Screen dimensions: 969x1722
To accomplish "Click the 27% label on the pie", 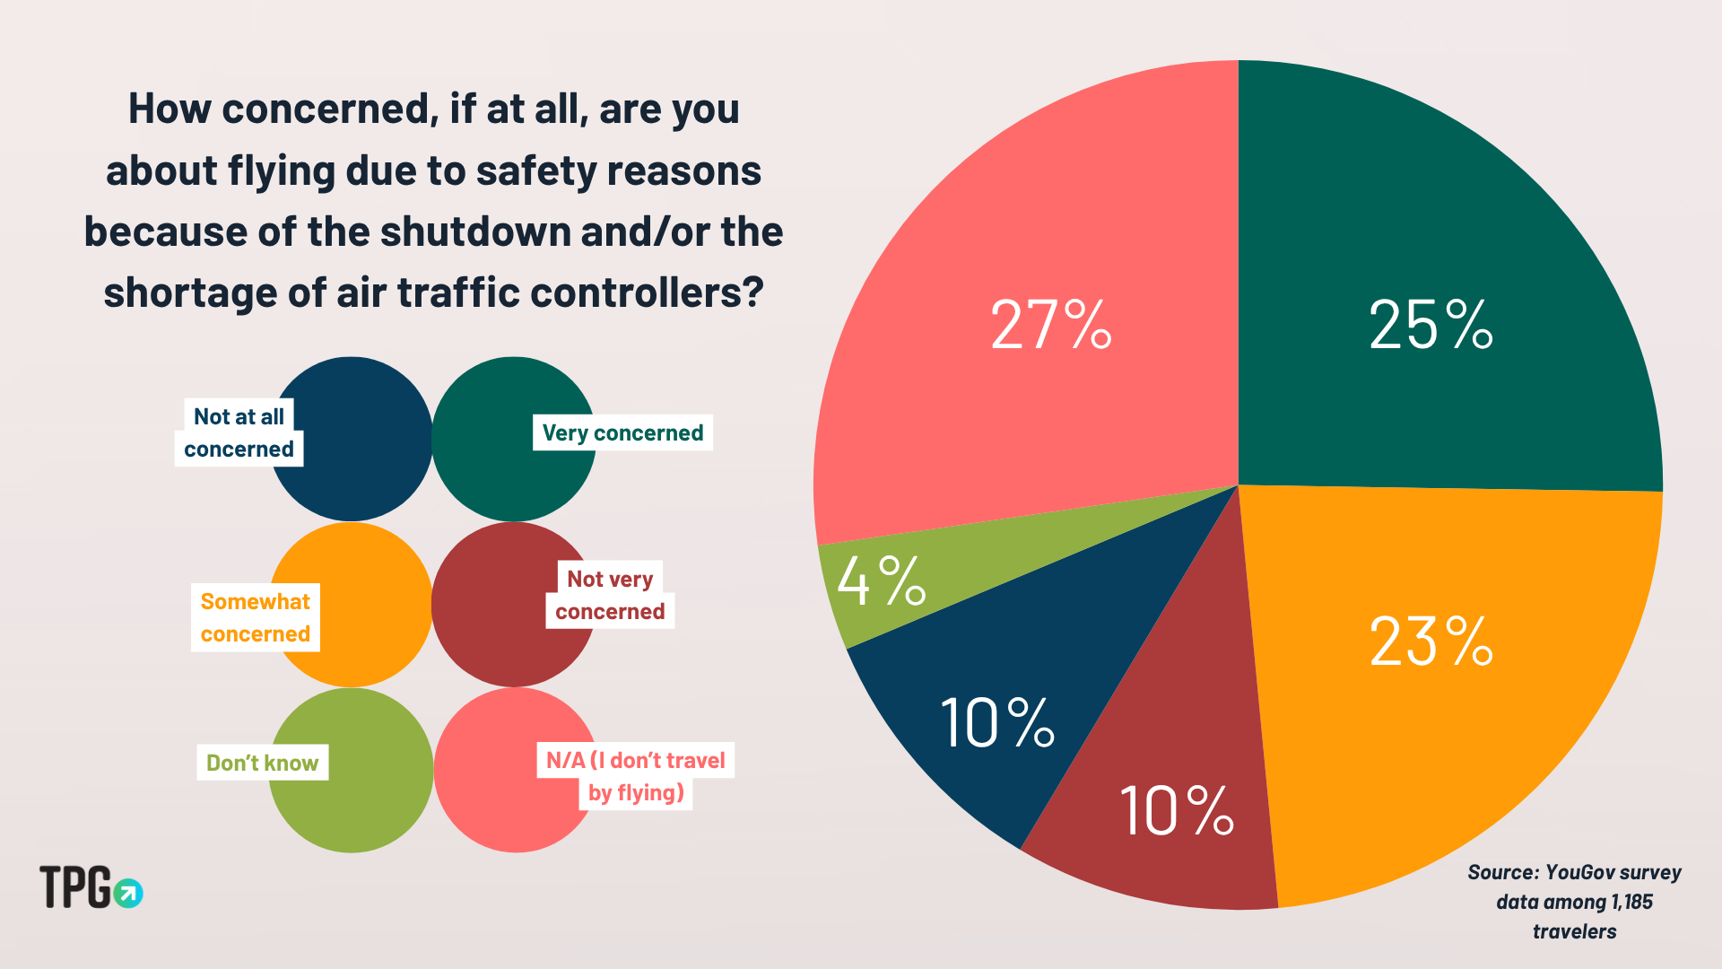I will coord(1050,325).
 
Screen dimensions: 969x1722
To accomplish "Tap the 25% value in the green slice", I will coord(1431,325).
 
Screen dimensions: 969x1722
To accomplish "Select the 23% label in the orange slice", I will coord(1431,642).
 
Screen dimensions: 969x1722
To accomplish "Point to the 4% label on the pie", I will coord(881,581).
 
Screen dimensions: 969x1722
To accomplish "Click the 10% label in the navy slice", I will coord(996,723).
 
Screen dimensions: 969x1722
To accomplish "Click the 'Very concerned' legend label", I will coord(622,433).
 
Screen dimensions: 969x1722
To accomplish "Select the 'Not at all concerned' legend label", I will coord(239,432).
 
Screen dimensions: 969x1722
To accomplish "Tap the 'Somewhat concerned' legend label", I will coord(256,618).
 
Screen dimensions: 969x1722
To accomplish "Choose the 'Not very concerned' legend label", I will coord(610,596).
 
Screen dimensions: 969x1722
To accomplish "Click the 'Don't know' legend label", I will coord(262,763).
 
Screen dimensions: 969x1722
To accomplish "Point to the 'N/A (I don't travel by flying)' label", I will coord(636,776).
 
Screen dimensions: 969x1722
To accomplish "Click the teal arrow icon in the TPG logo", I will coord(128,893).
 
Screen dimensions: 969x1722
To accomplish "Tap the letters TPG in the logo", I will coord(75,887).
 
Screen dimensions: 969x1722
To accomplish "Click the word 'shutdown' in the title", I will coord(476,231).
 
